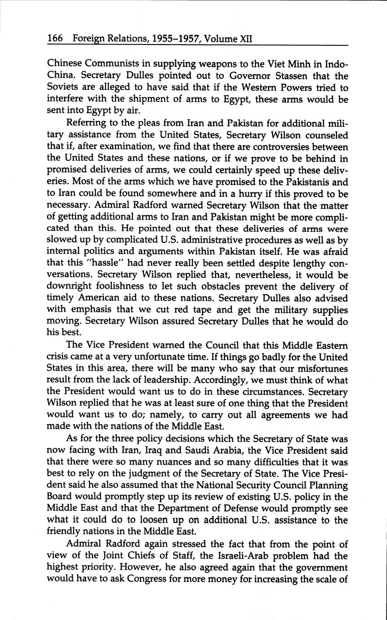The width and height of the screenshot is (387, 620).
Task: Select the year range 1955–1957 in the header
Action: click(176, 39)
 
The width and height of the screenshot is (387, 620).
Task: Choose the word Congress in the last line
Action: click(148, 579)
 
